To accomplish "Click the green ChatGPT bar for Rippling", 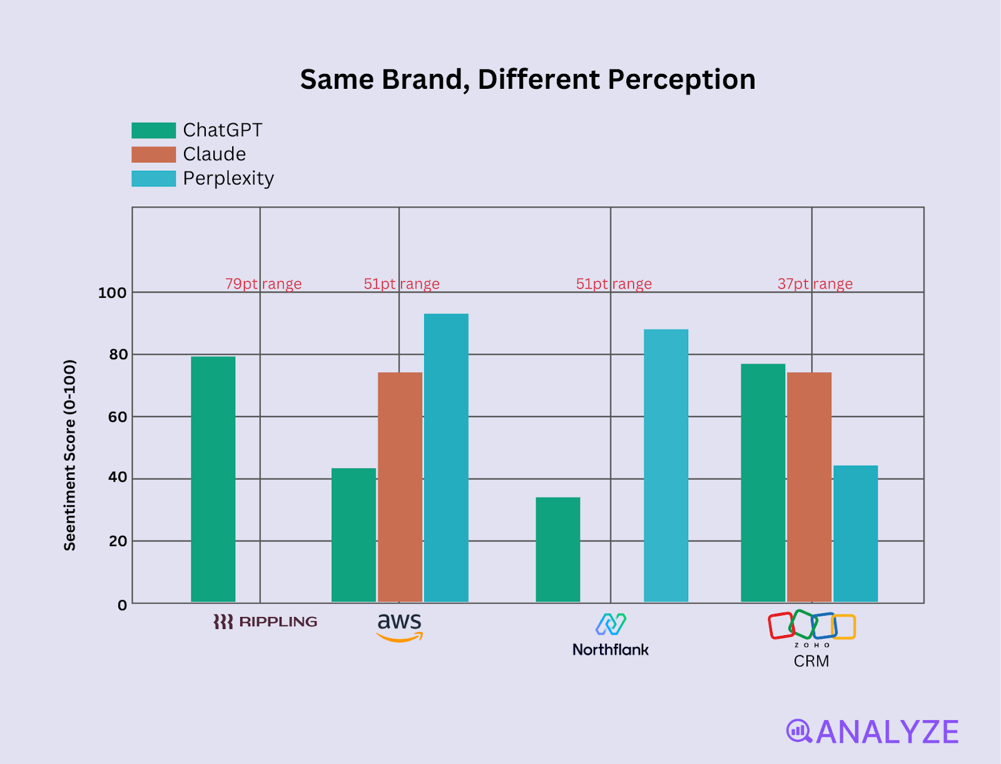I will (213, 479).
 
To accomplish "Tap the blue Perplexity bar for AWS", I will (446, 457).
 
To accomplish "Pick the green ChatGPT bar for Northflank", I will (557, 549).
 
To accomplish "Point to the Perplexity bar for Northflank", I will (666, 466).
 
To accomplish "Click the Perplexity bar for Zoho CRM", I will (855, 534).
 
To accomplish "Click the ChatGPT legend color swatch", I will (153, 130).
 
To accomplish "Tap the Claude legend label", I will (214, 154).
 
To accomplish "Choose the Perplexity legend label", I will (228, 178).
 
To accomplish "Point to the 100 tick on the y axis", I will (112, 293).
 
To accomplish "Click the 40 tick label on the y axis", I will (118, 477).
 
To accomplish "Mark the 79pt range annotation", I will (263, 284).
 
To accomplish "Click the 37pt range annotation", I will (815, 284).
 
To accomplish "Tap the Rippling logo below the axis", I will (265, 621).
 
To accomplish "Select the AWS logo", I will (400, 627).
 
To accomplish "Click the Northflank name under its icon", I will (610, 649).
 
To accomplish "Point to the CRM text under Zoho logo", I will (811, 661).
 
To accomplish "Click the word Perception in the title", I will (681, 79).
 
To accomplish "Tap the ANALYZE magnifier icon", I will (798, 731).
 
